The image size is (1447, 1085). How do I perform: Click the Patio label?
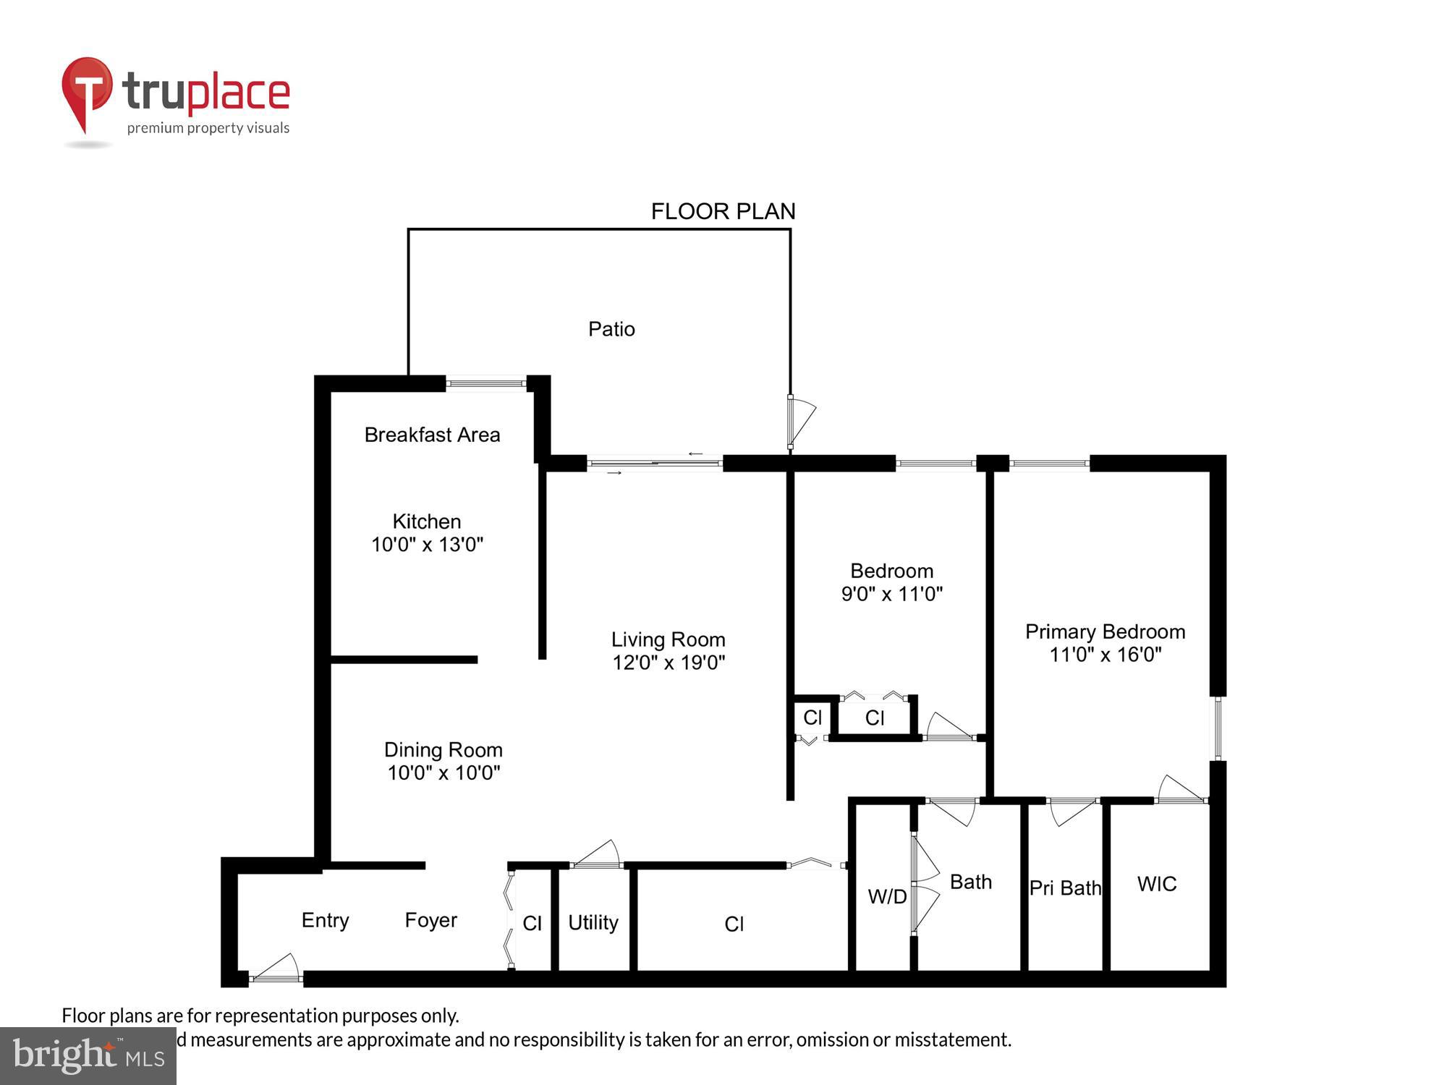coord(611,329)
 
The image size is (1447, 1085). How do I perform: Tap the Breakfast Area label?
coord(432,435)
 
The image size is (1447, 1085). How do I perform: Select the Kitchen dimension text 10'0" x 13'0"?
coord(427,545)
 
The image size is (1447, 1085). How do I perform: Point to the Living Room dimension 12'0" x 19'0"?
coord(669,663)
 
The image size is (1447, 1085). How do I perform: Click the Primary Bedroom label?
coord(1105,631)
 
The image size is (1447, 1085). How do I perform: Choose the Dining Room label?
coord(443,749)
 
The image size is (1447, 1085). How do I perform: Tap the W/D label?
coord(887,897)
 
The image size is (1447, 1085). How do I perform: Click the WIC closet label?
coord(1156,884)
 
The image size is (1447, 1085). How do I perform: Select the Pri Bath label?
coord(1064,888)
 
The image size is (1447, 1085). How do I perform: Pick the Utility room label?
coord(593,922)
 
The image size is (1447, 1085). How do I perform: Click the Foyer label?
coord(430,920)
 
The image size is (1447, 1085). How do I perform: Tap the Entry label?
coord(325,920)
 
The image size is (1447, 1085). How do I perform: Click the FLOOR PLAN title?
coord(723,211)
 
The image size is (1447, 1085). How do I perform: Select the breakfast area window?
coord(485,383)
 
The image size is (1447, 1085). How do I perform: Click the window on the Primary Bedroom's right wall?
coord(1218,728)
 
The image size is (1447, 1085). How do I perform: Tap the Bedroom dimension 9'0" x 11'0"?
coord(891,594)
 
